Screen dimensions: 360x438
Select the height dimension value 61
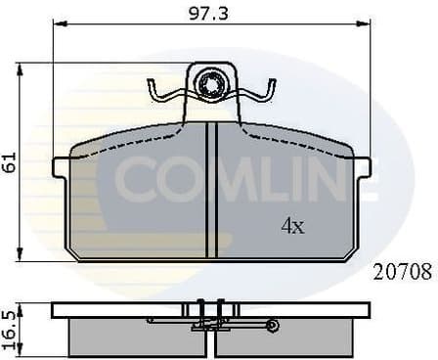10,162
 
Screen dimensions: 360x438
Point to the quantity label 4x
292,226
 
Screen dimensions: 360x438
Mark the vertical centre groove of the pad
210,191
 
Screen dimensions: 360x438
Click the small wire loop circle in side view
273,325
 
